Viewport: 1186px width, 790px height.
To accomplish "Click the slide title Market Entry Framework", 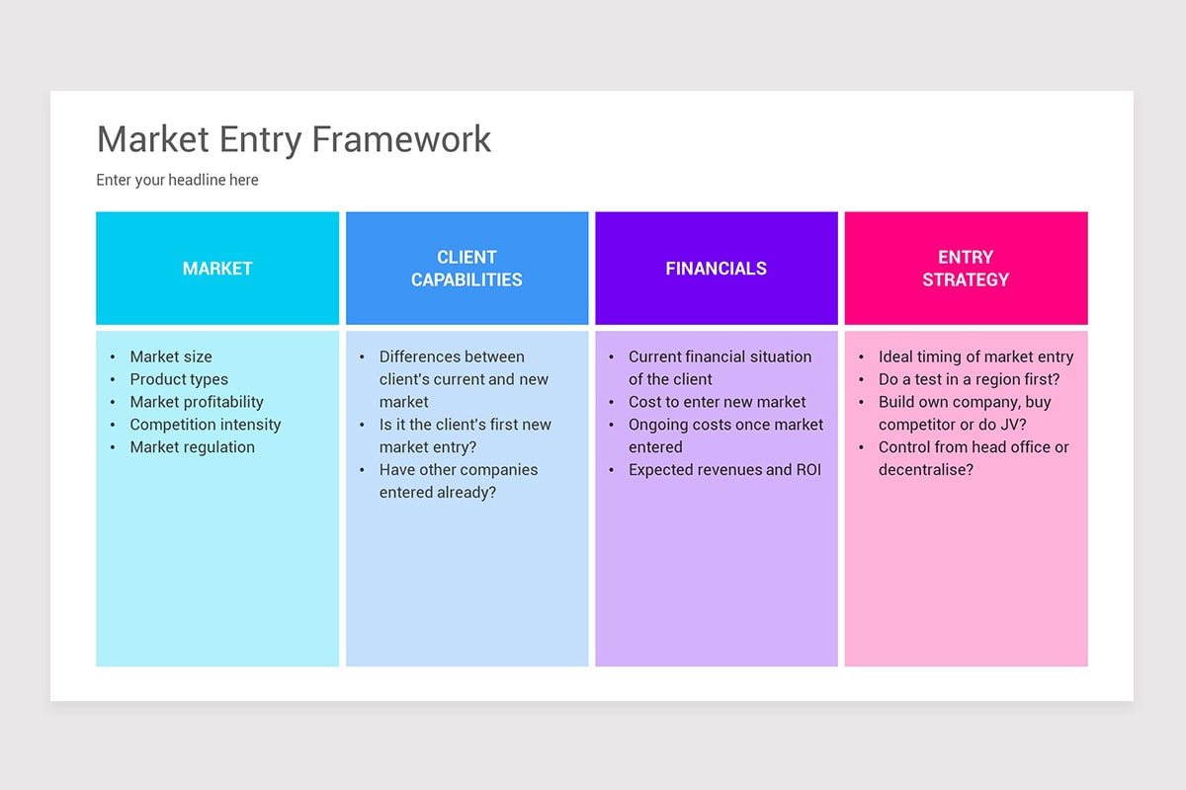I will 294,139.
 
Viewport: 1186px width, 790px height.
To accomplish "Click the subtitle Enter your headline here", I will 177,180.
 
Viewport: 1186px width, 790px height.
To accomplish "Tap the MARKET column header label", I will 217,269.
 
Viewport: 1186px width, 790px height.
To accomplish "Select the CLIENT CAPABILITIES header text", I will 466,269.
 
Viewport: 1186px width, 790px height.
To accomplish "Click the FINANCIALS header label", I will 716,269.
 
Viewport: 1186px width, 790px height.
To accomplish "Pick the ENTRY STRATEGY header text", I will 966,269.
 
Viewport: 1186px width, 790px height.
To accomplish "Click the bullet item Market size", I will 171,356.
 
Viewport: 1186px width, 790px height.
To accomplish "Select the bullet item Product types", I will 179,379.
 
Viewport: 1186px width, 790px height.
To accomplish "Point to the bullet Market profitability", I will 197,402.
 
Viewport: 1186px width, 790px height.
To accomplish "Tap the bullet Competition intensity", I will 206,425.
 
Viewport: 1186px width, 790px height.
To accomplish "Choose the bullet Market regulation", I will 193,447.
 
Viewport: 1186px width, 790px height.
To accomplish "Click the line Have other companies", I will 459,470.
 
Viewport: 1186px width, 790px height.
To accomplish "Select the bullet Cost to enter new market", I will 717,402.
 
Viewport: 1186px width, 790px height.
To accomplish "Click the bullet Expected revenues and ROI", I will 724,470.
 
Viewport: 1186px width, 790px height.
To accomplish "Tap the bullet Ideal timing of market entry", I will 975,356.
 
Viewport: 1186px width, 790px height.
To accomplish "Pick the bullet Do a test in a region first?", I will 969,379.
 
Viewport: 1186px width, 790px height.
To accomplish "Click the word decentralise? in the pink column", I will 926,470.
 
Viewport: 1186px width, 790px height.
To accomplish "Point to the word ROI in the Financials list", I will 807,470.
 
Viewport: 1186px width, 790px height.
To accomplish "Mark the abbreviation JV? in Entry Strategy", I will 1010,425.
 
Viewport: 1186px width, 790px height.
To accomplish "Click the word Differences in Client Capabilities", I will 421,356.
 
